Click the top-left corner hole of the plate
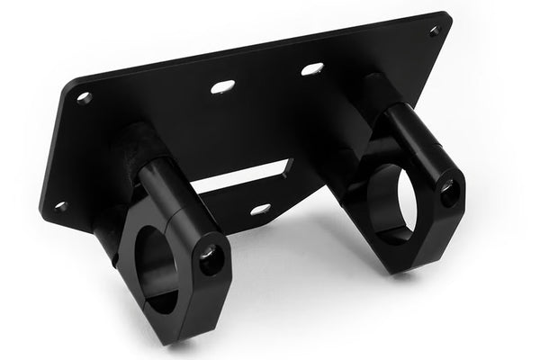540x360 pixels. coord(85,97)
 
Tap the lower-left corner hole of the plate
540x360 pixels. coord(60,206)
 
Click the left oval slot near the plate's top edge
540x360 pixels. coord(222,86)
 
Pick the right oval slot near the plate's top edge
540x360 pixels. coord(311,68)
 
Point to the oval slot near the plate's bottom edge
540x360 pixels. coord(260,210)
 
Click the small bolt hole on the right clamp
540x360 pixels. coord(448,191)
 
